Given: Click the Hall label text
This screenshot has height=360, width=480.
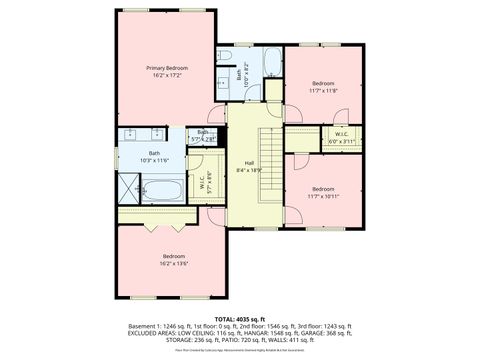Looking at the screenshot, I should [x=249, y=163].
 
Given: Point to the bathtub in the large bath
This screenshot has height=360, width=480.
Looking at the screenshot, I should [x=163, y=191].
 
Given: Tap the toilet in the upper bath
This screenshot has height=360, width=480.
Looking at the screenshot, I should [x=226, y=56].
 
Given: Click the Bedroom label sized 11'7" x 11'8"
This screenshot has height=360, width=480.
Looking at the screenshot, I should [x=323, y=82].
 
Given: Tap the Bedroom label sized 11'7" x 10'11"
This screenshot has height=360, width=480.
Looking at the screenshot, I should [x=322, y=188].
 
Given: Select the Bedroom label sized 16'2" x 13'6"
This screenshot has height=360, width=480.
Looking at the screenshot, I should [x=174, y=257].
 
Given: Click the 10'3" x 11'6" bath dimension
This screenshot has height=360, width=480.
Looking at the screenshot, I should [x=154, y=160].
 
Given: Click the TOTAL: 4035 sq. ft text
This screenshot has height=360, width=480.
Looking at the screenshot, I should [x=239, y=318].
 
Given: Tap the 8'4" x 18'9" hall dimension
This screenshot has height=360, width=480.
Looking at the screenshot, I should [x=250, y=171].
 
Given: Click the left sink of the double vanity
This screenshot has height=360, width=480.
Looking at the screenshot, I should [x=131, y=133].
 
